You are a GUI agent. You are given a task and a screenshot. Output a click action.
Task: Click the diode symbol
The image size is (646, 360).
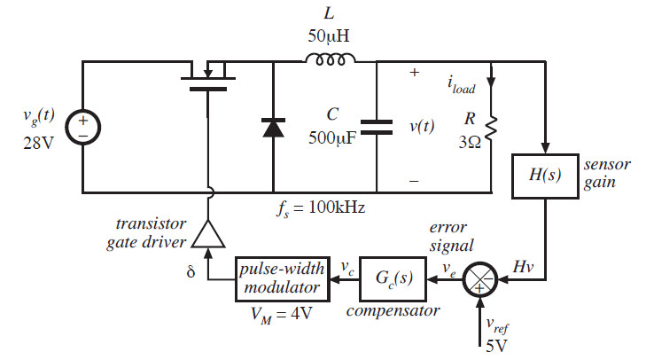[x=272, y=127]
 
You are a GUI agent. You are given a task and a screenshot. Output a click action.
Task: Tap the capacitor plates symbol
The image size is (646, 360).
[x=377, y=127]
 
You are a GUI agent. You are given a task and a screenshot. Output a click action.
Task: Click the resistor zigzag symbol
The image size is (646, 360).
[x=491, y=126]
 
